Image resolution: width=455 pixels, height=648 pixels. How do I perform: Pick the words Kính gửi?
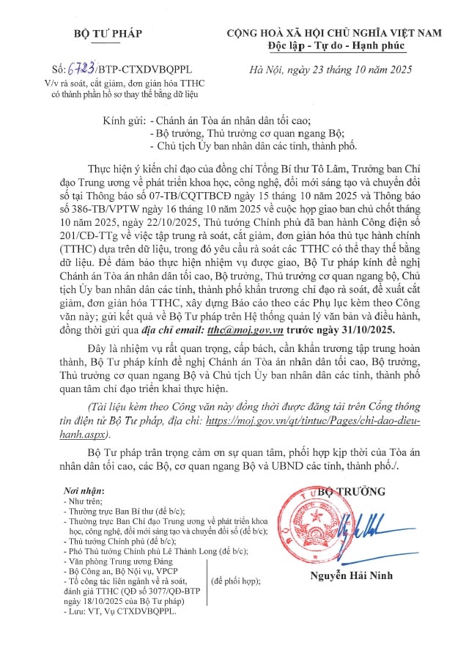point(124,119)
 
